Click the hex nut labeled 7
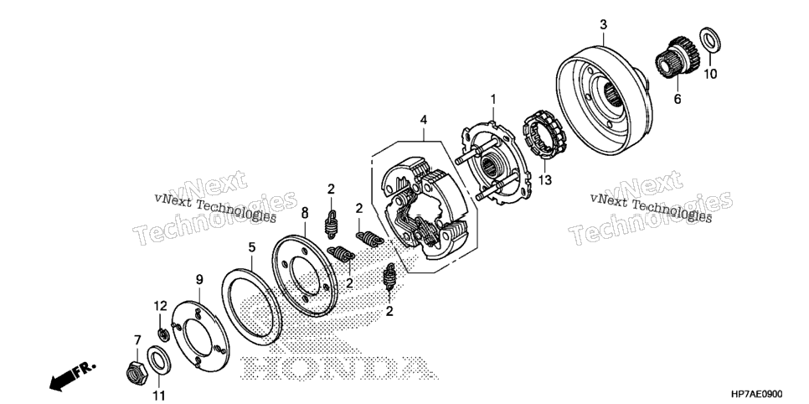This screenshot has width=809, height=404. pos(137,369)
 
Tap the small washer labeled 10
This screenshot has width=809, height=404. pos(710,39)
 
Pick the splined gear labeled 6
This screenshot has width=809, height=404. pos(677,57)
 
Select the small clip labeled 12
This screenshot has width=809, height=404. pos(162,334)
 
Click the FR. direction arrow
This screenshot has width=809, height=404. pos(72,376)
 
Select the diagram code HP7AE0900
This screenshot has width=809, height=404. pos(756,394)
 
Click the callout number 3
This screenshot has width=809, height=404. pos(603,24)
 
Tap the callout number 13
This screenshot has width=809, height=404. pos(545,179)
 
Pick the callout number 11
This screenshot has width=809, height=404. pos(159,396)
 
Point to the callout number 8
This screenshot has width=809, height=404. pos(304,212)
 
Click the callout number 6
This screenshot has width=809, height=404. pos(678,99)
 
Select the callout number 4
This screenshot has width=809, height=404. pos(424,120)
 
